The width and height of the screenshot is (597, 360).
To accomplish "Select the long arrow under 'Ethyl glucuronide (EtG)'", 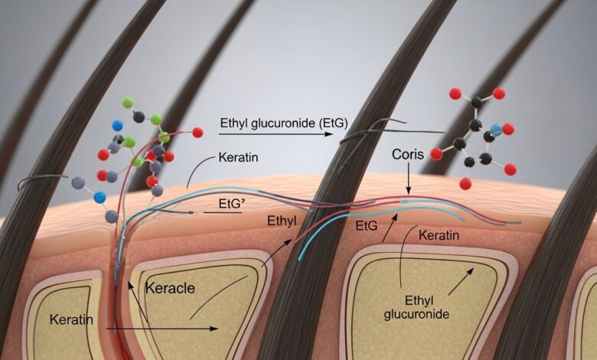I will pyautogui.click(x=276, y=134).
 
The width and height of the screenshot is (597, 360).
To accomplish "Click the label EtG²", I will pyautogui.click(x=224, y=202).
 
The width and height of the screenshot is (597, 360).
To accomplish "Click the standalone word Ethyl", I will pyautogui.click(x=282, y=221).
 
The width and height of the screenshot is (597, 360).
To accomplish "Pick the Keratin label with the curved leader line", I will pyautogui.click(x=239, y=158).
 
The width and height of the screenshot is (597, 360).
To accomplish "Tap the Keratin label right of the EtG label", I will pyautogui.click(x=439, y=235).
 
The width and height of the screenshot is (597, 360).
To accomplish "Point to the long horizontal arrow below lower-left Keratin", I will pyautogui.click(x=161, y=329).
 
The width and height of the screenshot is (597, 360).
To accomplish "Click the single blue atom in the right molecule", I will pyautogui.click(x=496, y=130).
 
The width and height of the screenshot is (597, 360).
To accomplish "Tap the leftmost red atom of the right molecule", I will pyautogui.click(x=436, y=153).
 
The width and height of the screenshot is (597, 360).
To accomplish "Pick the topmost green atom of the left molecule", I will pyautogui.click(x=128, y=101).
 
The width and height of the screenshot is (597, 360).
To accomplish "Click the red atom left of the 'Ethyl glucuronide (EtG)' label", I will pyautogui.click(x=197, y=133).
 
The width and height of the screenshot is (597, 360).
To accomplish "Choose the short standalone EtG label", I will pyautogui.click(x=367, y=227).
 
